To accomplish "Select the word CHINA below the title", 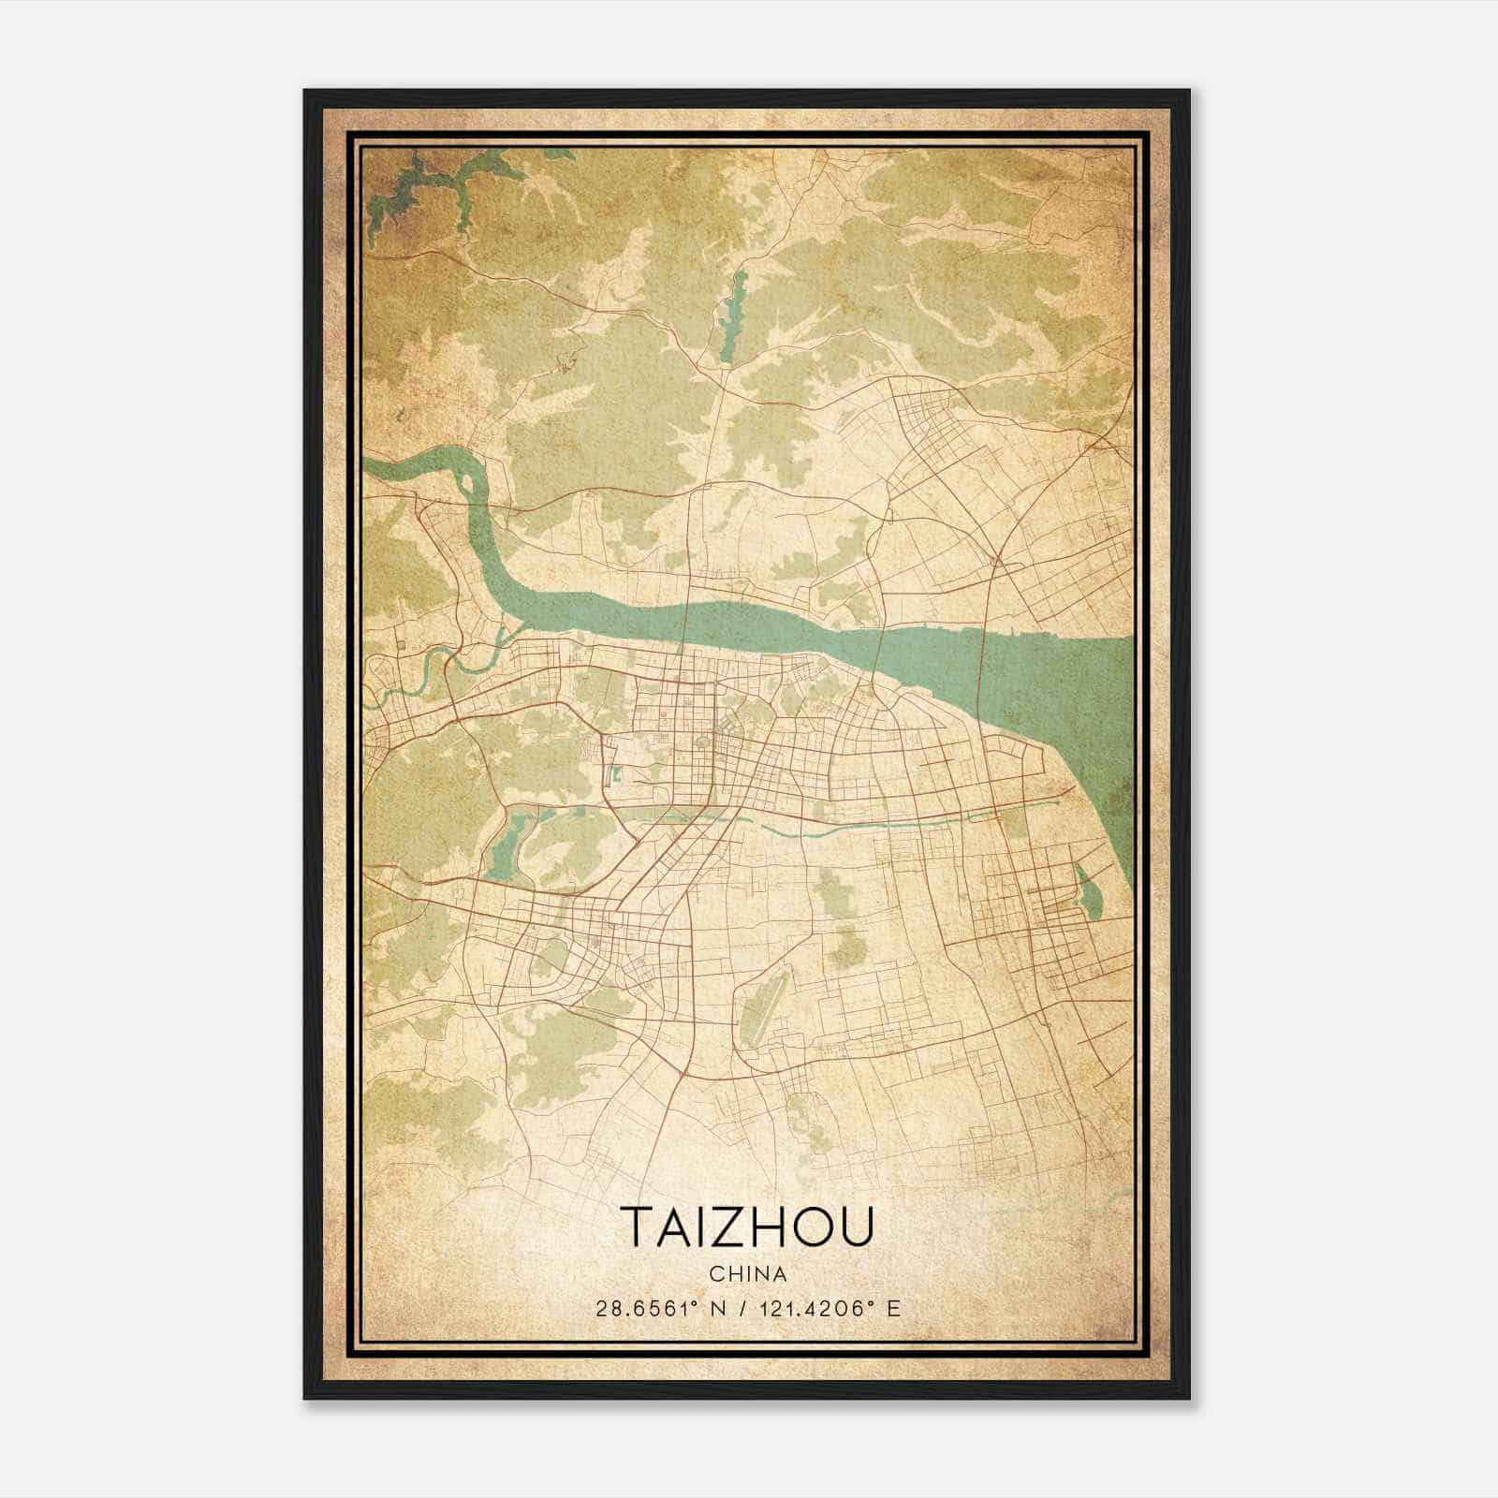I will pyautogui.click(x=747, y=1274).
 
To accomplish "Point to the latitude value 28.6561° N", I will pyautogui.click(x=659, y=1308).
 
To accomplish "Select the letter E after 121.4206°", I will pyautogui.click(x=895, y=1308).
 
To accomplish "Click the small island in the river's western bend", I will pyautogui.click(x=465, y=483).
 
